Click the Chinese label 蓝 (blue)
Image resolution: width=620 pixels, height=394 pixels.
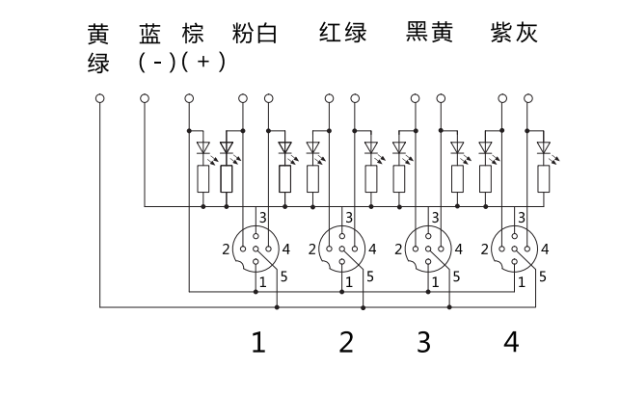click(x=150, y=34)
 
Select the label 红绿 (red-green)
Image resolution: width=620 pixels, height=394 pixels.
click(x=343, y=34)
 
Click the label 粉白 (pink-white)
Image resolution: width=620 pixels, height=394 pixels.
click(x=256, y=34)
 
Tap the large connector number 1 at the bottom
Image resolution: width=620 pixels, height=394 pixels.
click(x=257, y=342)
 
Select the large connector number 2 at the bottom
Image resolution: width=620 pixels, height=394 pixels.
click(x=346, y=342)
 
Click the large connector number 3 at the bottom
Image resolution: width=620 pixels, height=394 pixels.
click(x=423, y=342)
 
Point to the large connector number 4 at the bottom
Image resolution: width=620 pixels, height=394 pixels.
click(x=511, y=342)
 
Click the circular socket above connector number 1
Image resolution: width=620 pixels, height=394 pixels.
click(x=256, y=249)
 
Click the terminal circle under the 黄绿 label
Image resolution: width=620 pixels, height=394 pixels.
click(x=100, y=97)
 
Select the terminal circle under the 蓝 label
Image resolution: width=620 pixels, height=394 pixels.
click(x=145, y=97)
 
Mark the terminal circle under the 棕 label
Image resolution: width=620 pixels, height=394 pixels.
click(x=189, y=97)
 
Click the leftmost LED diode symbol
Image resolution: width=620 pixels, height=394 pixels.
click(x=202, y=148)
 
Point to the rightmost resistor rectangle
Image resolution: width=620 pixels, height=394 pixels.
click(x=544, y=178)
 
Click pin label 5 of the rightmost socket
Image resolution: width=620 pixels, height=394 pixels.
click(x=544, y=276)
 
